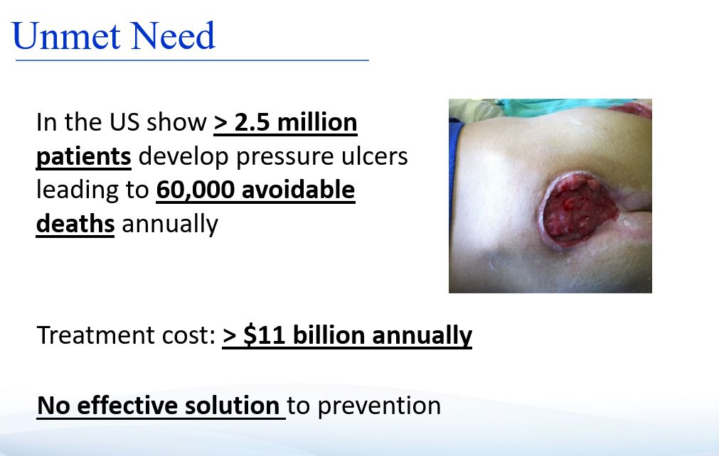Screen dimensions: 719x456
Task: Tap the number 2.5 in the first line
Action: coord(252,122)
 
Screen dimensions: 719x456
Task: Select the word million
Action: coord(317,122)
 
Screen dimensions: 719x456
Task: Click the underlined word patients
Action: coord(84,157)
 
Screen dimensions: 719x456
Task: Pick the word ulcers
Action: coord(374,156)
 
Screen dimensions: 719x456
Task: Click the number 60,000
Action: coord(196,190)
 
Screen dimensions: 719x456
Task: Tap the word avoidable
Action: coord(299,190)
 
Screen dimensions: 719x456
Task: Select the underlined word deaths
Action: coord(75,224)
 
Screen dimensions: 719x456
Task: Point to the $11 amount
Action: coord(265,335)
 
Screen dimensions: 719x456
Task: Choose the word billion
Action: coord(329,335)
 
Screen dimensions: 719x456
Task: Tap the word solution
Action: coord(232,405)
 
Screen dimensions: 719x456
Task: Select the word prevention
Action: coord(379,406)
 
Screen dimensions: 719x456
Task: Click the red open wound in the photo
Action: coord(579,208)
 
